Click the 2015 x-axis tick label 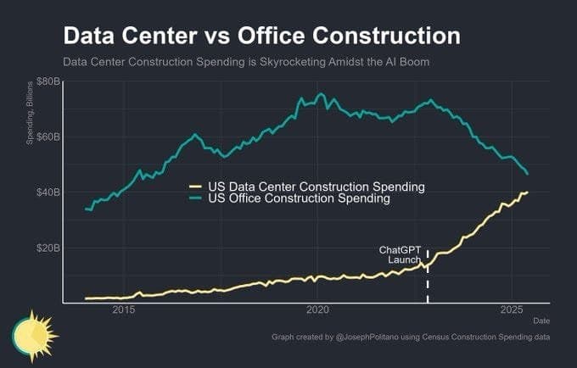[x=124, y=310]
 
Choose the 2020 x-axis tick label [x=317, y=310]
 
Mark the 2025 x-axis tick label [x=512, y=310]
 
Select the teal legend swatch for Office [x=195, y=198]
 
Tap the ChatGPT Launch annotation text [x=400, y=254]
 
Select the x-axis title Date [x=541, y=321]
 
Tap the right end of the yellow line [x=527, y=192]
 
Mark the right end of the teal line [x=528, y=174]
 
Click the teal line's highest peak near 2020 [x=320, y=94]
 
